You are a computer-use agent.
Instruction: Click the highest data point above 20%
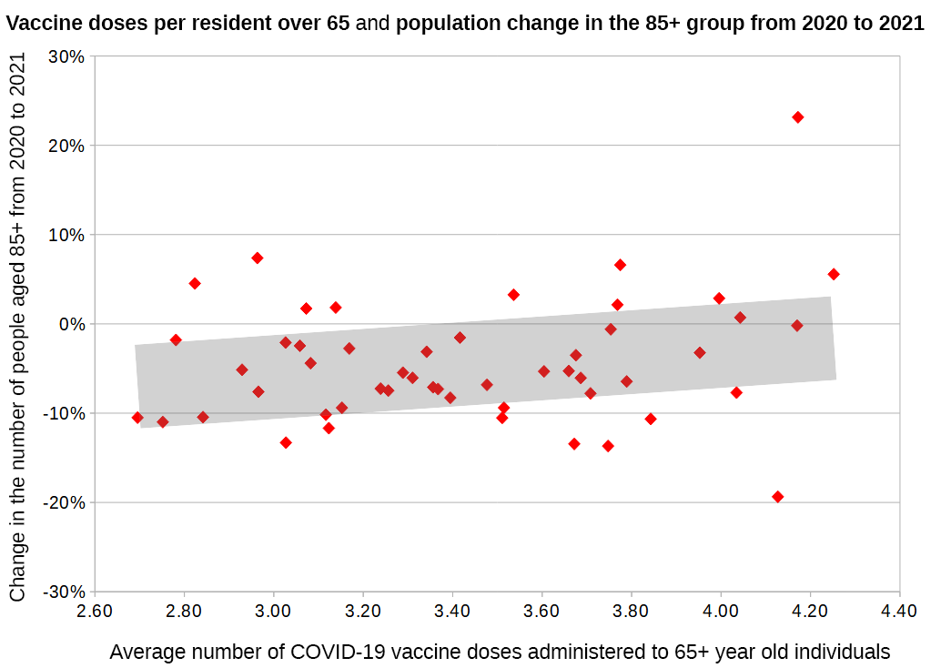coord(797,117)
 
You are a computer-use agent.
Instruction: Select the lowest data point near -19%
coord(777,497)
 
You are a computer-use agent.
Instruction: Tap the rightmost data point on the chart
coord(833,274)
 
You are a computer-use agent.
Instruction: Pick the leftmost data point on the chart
coord(137,418)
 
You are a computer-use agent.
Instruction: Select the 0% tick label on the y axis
coord(73,324)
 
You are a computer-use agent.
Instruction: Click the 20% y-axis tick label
coord(68,146)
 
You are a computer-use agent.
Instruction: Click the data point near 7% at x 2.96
coord(258,258)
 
